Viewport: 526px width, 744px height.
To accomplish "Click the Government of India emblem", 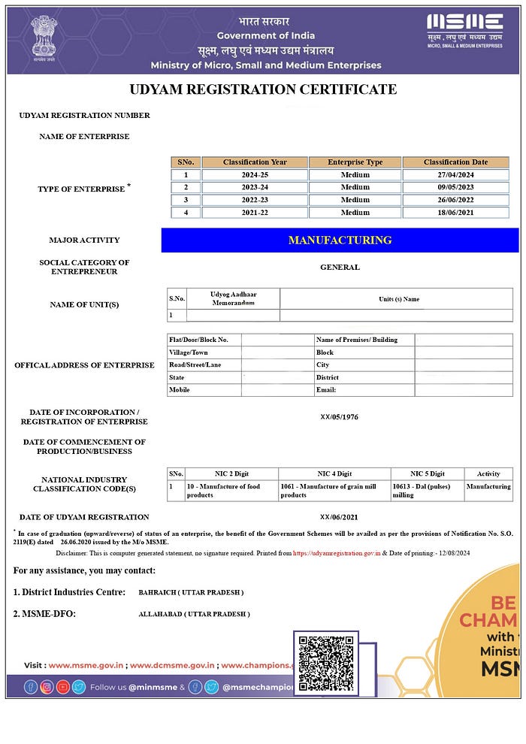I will [44, 38].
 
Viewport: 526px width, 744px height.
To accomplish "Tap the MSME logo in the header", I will [464, 30].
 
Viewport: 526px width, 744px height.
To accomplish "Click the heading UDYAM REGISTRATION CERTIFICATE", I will [263, 89].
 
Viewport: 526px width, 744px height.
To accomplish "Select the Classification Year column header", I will [255, 162].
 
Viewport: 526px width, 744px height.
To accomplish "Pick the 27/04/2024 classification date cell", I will [455, 175].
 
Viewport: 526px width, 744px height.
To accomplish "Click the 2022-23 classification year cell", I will [255, 200].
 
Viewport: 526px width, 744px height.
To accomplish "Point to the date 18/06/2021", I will [455, 213].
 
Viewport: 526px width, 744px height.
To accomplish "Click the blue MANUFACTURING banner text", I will [340, 240].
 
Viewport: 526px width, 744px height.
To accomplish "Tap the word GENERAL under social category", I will [340, 267].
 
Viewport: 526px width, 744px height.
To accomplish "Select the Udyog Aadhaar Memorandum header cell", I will [233, 298].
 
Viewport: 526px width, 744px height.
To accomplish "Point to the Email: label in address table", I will [326, 390].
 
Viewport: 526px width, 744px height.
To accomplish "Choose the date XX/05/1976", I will [340, 416].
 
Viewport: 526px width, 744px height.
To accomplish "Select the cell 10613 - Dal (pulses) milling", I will [425, 491].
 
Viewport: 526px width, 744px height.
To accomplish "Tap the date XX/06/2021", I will [340, 517].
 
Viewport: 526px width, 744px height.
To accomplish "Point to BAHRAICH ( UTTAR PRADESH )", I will [191, 592].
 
